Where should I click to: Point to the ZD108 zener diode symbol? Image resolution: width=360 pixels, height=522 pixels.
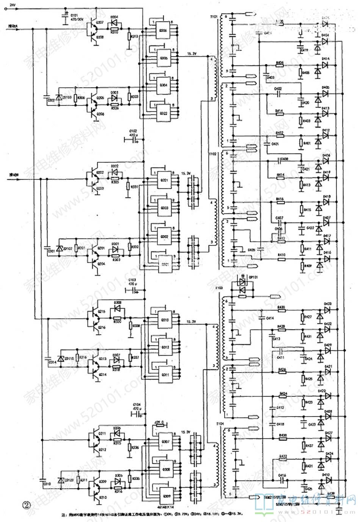click(59, 97)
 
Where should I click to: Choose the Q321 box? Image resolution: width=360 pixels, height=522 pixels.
click(163, 180)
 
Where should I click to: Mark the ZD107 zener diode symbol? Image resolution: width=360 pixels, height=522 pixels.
click(59, 249)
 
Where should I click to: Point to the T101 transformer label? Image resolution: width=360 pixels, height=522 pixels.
click(213, 16)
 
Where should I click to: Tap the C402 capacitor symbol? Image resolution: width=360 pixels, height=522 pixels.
click(278, 92)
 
